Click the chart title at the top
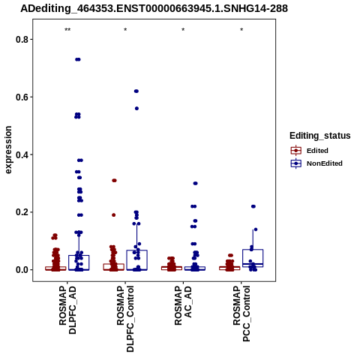(154, 8)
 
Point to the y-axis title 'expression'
(8, 150)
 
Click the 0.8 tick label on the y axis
(21, 40)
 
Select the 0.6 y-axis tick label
(21, 97)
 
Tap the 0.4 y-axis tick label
(21, 154)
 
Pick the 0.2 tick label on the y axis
(21, 212)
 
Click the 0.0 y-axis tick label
(21, 270)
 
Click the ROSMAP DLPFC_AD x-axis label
(67, 310)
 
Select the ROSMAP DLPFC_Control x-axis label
(125, 319)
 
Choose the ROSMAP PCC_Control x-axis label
(241, 313)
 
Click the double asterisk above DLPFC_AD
(67, 30)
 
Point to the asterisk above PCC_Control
(241, 30)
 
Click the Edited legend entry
(309, 151)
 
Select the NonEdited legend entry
(316, 163)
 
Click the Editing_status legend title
(320, 136)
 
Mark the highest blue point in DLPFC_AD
(78, 59)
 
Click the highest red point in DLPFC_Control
(114, 181)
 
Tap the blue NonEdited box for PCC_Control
(253, 258)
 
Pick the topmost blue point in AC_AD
(196, 184)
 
